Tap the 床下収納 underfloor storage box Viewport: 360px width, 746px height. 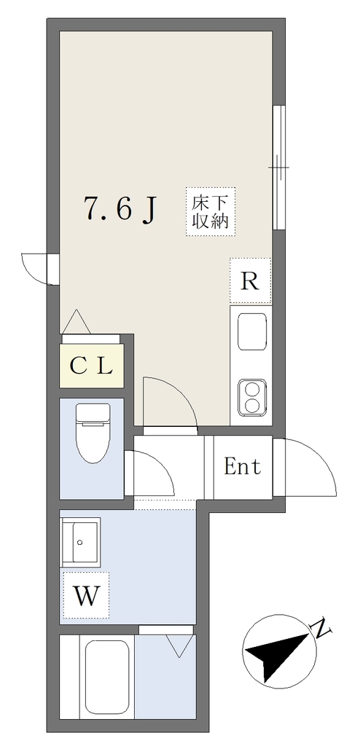coord(210,211)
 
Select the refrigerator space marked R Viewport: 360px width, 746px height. coord(250,280)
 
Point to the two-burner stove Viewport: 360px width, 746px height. coord(252,397)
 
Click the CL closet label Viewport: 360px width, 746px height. coord(90,366)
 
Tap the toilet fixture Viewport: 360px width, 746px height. coord(93,433)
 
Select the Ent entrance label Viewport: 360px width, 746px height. coord(243,467)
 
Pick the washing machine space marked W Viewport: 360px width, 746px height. coord(86,595)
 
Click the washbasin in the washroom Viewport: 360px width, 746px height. coord(80,542)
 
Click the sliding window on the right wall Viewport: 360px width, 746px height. coord(278,168)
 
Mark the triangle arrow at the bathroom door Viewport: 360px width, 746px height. coord(179,646)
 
